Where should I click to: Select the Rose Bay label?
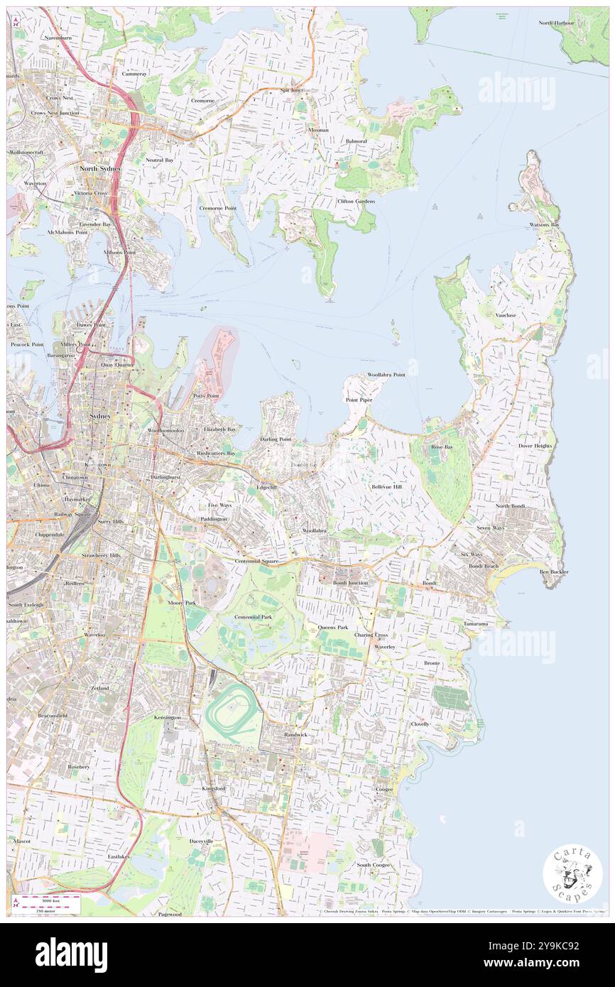tap(442, 447)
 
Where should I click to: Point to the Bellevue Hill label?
tap(386, 487)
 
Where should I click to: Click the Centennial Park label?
tap(253, 617)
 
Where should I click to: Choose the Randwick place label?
tap(295, 734)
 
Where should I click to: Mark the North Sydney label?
tap(100, 168)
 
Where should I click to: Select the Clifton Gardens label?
tap(356, 201)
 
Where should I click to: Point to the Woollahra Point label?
tap(386, 374)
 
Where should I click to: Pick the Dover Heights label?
tap(535, 446)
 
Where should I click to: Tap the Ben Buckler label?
tap(554, 572)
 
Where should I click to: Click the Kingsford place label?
tap(213, 788)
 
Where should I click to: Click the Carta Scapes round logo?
tap(572, 873)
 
